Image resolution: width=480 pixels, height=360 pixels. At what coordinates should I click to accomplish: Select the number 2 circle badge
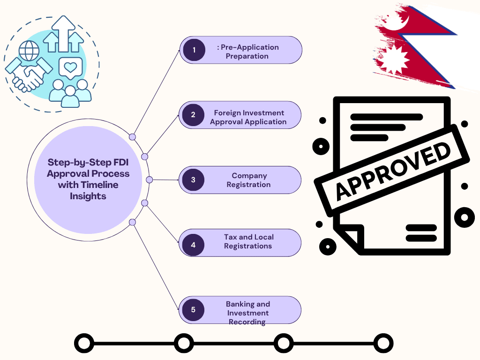(193, 115)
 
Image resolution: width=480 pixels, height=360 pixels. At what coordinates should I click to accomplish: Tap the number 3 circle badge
(193, 180)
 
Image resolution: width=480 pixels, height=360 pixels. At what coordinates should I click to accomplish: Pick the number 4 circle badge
(193, 244)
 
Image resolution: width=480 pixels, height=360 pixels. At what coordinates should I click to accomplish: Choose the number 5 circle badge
(193, 309)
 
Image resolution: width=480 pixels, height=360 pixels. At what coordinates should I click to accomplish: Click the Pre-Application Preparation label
(247, 52)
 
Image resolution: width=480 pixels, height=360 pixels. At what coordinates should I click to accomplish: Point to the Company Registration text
(249, 180)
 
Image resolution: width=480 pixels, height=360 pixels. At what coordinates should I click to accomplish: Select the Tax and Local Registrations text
(248, 241)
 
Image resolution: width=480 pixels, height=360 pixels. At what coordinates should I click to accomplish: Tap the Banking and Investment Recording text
(248, 313)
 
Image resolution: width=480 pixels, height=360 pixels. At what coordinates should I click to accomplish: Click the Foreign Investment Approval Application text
(248, 117)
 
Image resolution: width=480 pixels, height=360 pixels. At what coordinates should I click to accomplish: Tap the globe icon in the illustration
(29, 50)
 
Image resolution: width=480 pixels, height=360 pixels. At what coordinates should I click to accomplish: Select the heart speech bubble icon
(70, 67)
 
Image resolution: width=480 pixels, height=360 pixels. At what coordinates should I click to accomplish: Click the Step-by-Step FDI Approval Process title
(88, 179)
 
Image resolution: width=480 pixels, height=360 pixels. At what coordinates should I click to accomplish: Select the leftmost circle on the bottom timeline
(84, 343)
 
